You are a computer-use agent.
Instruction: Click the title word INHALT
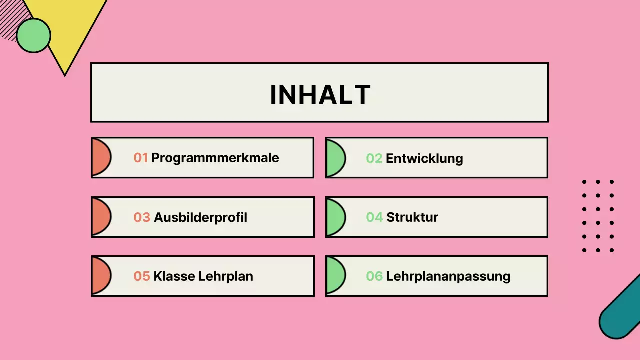point(320,94)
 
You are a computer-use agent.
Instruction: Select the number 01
point(141,158)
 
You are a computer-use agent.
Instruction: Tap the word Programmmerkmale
point(215,158)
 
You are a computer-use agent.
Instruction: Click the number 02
point(374,158)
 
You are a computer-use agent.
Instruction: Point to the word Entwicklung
point(424,158)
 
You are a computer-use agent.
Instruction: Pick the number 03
point(142,217)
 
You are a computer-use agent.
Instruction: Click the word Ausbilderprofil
point(200,217)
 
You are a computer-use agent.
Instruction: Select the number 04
point(374,217)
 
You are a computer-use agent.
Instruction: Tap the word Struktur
point(412,217)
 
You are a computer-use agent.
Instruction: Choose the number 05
point(142,276)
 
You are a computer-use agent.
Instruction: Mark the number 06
point(374,276)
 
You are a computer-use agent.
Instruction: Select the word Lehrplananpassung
point(448,276)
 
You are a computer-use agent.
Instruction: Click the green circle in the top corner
point(33,35)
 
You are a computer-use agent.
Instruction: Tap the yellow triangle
point(70,30)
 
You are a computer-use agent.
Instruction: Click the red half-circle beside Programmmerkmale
point(100,157)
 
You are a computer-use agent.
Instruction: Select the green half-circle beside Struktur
point(334,217)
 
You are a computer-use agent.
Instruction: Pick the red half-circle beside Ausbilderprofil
point(100,217)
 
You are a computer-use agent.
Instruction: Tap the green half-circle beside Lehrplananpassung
point(334,276)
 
